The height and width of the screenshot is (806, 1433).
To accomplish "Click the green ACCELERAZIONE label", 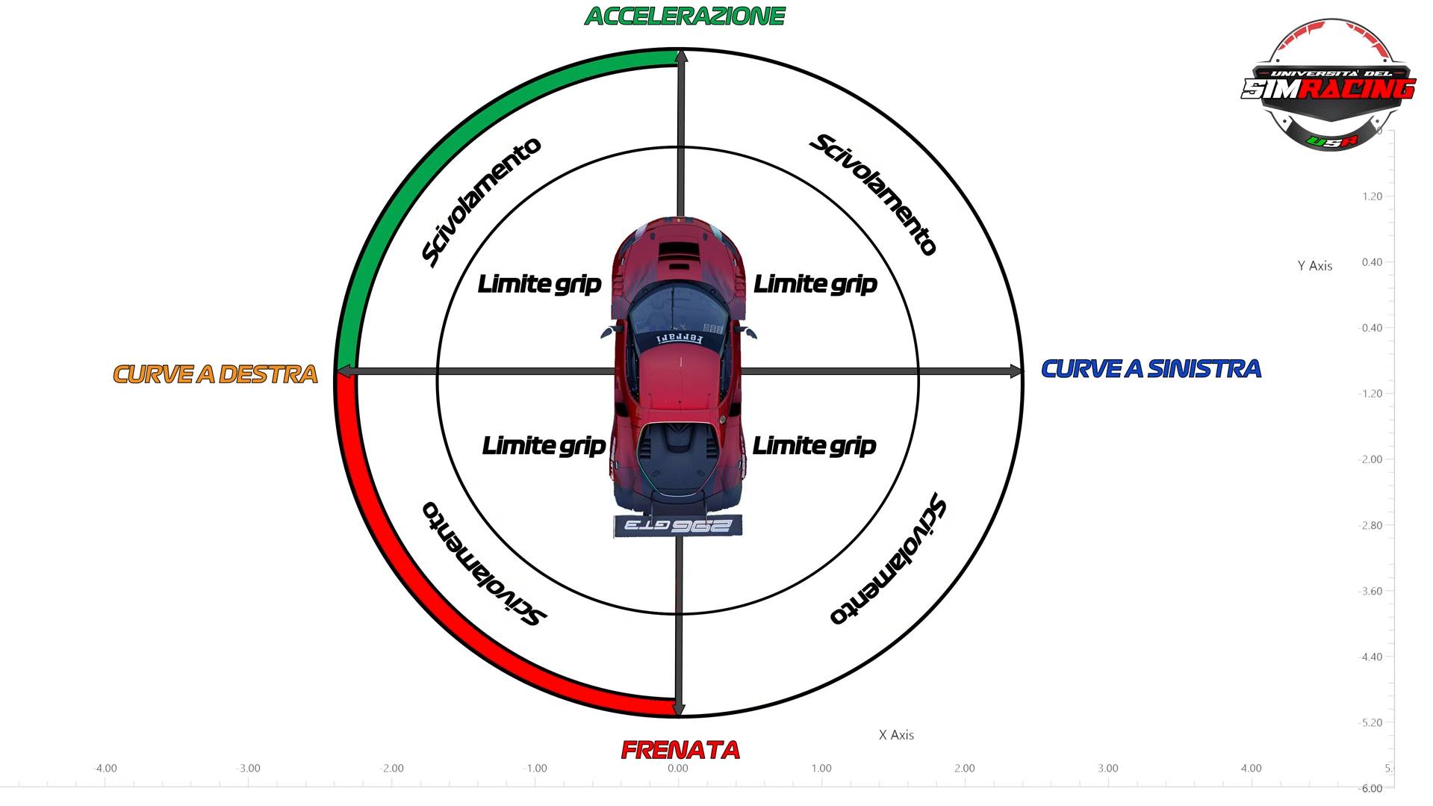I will tap(684, 16).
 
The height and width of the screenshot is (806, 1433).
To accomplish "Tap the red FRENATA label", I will tap(680, 749).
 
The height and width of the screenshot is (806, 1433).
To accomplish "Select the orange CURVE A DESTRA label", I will tap(215, 374).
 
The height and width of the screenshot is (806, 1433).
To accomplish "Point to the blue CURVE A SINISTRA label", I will tap(1151, 369).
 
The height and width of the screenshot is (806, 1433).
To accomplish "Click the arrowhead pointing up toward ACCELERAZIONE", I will tap(680, 57).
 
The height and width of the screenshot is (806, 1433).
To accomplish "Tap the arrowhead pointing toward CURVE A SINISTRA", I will tap(1016, 371).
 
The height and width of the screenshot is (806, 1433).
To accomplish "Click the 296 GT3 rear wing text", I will tap(677, 526).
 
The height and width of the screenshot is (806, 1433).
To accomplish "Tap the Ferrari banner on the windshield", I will tap(680, 338).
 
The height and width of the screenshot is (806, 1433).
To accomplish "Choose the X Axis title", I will tap(896, 735).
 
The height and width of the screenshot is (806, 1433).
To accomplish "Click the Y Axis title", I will tap(1314, 266).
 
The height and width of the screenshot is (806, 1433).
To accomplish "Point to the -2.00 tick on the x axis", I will tap(391, 768).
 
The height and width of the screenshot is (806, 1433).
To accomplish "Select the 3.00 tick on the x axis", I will tap(1107, 768).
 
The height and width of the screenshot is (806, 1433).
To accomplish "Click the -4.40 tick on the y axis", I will tap(1370, 657).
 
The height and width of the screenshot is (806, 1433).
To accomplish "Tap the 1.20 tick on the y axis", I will tap(1373, 196).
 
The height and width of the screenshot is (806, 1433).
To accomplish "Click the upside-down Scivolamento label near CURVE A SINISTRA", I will tap(889, 560).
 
